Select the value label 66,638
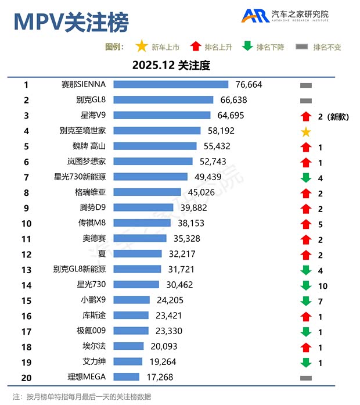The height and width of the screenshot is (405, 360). (x=233, y=100)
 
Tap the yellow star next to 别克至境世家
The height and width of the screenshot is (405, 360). (x=306, y=132)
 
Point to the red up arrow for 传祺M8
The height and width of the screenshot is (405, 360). (x=306, y=223)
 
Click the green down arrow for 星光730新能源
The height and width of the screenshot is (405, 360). (x=306, y=177)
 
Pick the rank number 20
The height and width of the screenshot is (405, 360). (x=26, y=377)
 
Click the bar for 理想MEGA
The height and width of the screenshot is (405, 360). (x=126, y=377)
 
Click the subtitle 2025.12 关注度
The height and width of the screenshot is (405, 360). (x=171, y=65)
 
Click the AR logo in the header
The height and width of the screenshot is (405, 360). (x=255, y=16)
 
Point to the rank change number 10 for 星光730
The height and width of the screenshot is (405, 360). (x=323, y=285)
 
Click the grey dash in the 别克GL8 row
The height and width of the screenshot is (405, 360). (x=306, y=101)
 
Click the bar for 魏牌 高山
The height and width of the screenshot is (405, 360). (x=155, y=146)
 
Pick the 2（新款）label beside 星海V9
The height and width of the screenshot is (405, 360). (x=333, y=116)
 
